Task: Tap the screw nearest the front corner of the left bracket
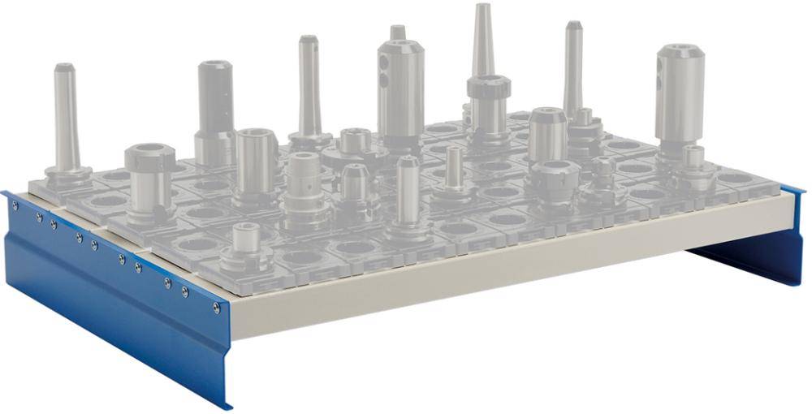[216, 308]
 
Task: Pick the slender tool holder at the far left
[65, 122]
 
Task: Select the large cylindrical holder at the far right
[680, 97]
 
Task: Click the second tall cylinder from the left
[215, 110]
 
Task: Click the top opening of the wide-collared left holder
[151, 152]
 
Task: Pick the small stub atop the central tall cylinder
[397, 32]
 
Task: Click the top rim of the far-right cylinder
[680, 50]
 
